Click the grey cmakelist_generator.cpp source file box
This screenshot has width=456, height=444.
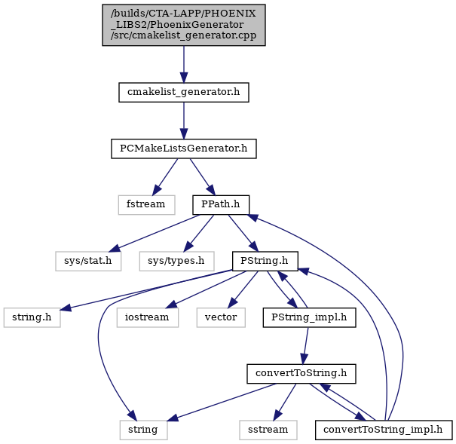[183, 25]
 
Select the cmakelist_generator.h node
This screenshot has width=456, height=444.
[183, 92]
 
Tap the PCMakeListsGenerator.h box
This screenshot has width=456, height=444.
[183, 149]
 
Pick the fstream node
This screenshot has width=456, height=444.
[146, 205]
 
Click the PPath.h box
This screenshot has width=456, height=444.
[221, 205]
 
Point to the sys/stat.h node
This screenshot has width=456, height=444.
[88, 261]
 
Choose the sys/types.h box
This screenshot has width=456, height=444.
[176, 261]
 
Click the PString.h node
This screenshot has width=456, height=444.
[265, 261]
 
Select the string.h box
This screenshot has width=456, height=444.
[32, 317]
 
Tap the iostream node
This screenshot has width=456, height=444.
[148, 317]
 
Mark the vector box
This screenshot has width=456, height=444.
[221, 317]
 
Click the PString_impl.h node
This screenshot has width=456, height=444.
[309, 317]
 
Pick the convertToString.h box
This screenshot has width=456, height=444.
[301, 374]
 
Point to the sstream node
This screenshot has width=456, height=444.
[268, 430]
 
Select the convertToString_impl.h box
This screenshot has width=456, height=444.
[384, 430]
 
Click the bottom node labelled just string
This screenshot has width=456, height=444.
[143, 430]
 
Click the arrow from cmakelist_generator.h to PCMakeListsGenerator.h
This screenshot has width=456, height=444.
[183, 121]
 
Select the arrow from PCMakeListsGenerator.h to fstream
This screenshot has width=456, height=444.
[165, 177]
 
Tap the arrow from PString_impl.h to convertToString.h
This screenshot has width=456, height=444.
[306, 346]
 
